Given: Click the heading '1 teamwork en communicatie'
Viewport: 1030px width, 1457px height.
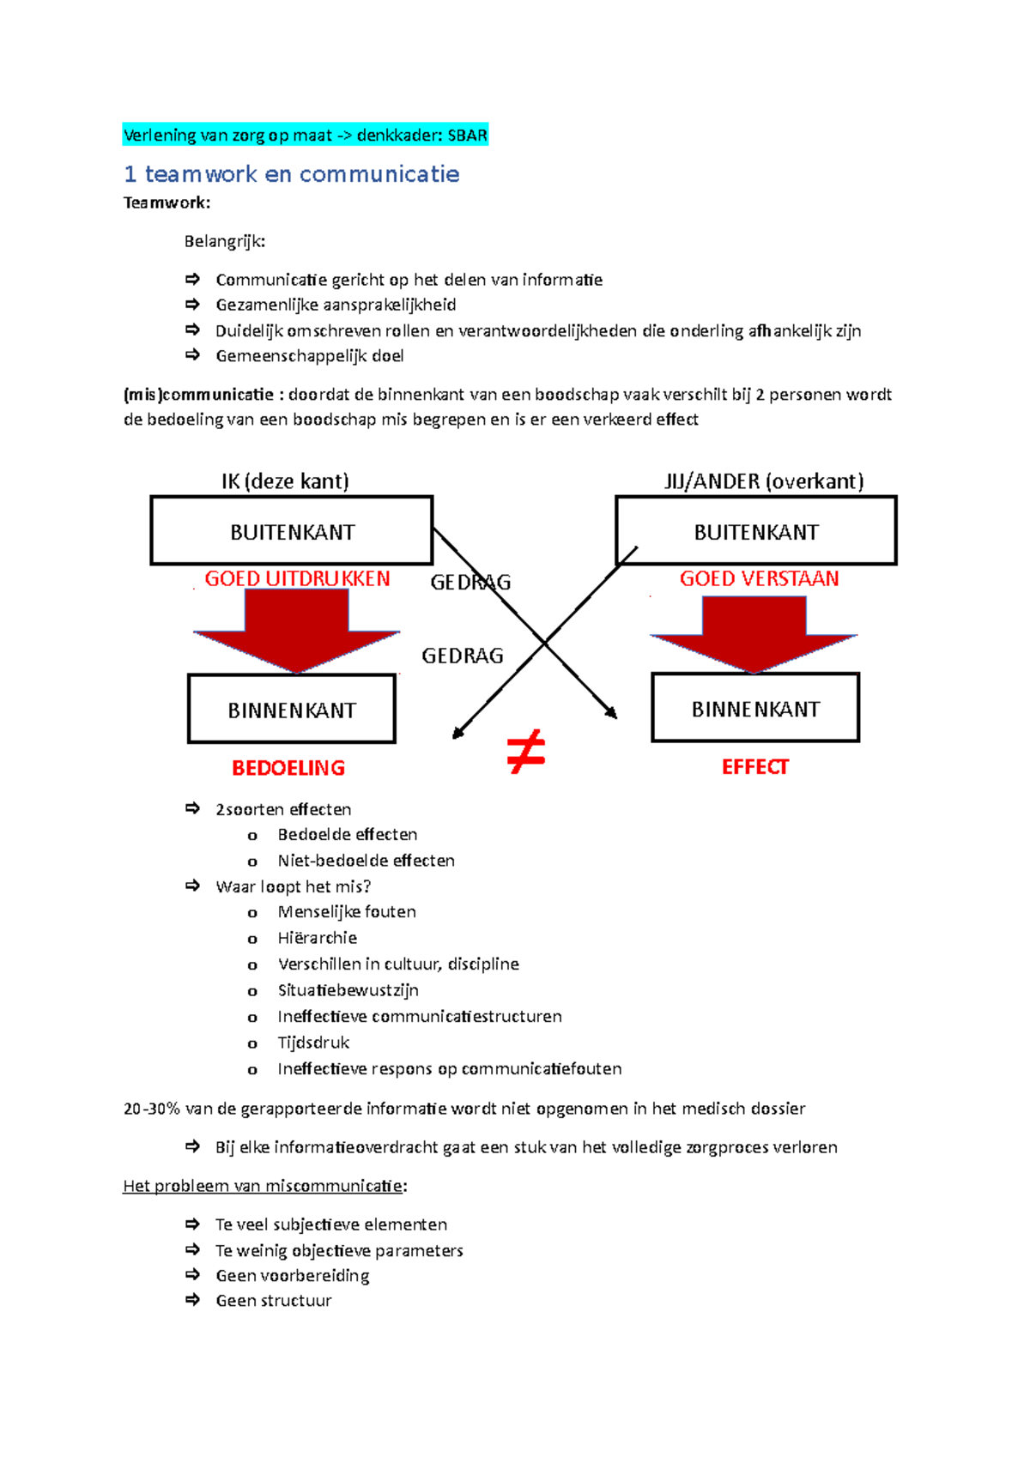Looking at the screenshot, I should pyautogui.click(x=291, y=174).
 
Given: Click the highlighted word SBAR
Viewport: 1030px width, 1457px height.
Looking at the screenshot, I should pyautogui.click(x=468, y=136).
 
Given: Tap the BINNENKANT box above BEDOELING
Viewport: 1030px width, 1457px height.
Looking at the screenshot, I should pyautogui.click(x=292, y=710).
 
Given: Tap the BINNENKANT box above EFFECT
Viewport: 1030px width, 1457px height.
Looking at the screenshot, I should pyautogui.click(x=755, y=709).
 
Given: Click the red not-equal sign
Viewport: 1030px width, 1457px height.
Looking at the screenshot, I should pyautogui.click(x=525, y=752).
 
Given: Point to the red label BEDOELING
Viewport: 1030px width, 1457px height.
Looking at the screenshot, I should pyautogui.click(x=288, y=768).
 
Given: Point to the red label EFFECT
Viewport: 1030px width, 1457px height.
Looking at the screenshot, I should pyautogui.click(x=754, y=767).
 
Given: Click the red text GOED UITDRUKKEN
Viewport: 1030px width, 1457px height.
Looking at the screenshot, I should pyautogui.click(x=297, y=579).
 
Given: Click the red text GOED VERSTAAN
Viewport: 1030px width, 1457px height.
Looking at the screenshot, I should pyautogui.click(x=759, y=579).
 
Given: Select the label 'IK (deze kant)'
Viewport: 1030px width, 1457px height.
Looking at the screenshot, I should pyautogui.click(x=285, y=481).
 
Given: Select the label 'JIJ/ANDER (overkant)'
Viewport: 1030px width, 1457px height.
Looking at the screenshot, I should pyautogui.click(x=764, y=481).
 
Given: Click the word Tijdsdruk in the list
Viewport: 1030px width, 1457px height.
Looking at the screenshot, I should pyautogui.click(x=313, y=1043).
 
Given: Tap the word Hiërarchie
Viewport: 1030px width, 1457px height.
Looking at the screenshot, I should pyautogui.click(x=317, y=938).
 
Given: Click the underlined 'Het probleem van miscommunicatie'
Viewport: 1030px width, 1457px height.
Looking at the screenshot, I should pyautogui.click(x=263, y=1186).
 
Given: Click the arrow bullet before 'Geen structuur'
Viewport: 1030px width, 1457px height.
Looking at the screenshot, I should pyautogui.click(x=192, y=1300).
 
